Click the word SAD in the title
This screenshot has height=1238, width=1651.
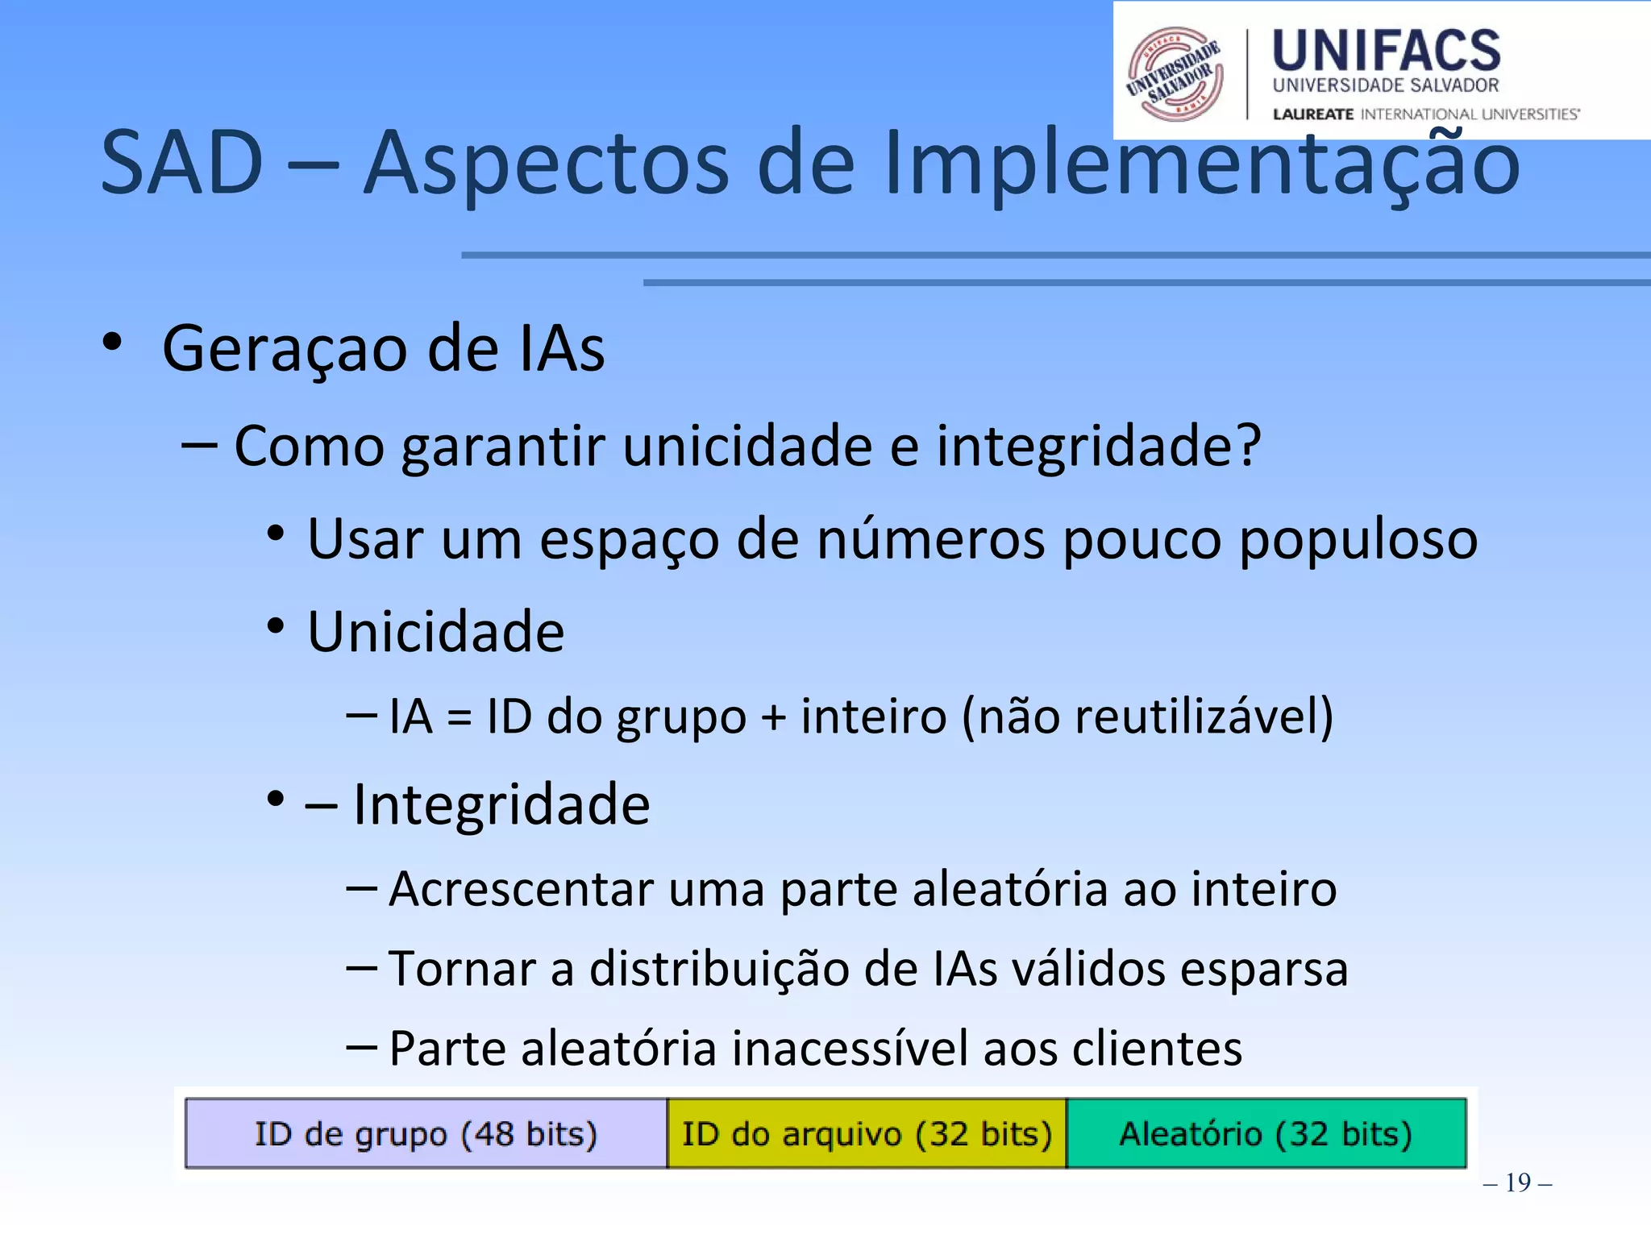182,164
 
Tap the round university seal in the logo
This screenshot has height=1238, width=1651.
1175,73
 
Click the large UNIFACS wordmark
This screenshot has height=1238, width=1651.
1386,51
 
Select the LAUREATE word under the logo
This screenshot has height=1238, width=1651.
1312,114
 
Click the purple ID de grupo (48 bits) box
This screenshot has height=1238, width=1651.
426,1133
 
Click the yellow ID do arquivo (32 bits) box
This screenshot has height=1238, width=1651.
867,1133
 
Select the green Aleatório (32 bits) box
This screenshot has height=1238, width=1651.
1266,1133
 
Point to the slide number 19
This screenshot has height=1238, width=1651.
1517,1182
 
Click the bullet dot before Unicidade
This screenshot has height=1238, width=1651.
276,626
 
